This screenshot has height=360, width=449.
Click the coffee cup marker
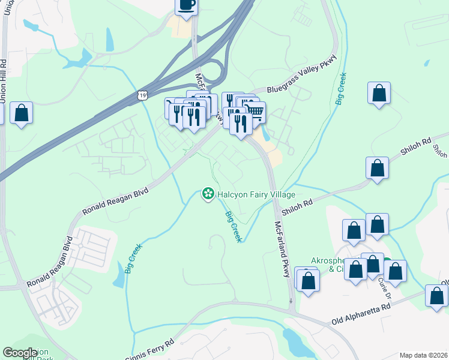tap(186, 5)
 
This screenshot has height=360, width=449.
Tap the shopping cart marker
tap(255, 112)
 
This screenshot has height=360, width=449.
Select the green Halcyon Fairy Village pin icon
tap(208, 194)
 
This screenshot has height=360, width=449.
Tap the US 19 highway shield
tap(142, 95)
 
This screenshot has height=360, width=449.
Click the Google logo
tap(20, 353)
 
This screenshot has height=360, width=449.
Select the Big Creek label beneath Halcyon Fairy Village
tap(234, 226)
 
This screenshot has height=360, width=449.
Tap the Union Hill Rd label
tap(3, 81)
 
